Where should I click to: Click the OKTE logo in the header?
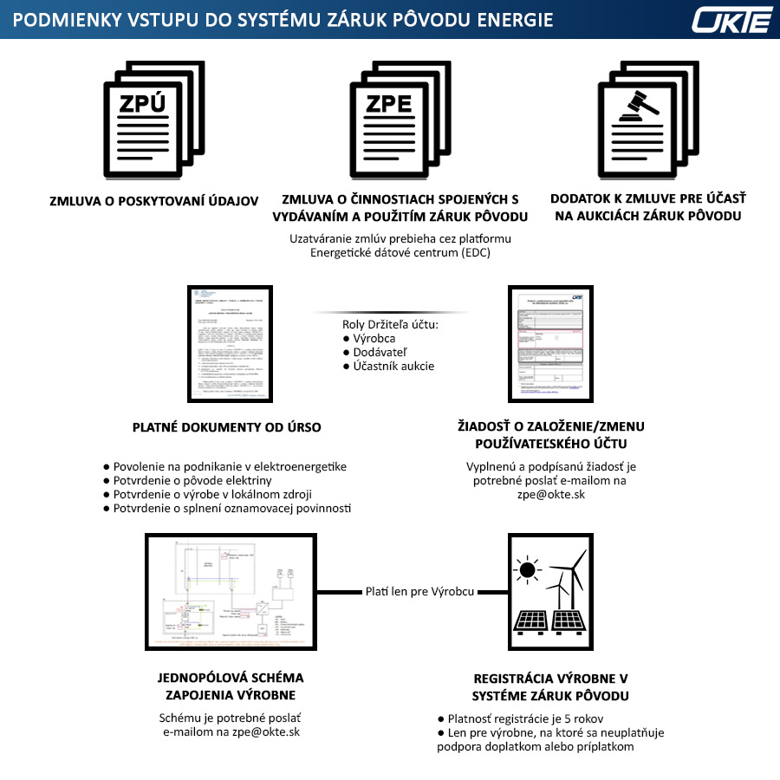click(x=731, y=19)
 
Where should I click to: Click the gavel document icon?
click(x=647, y=119)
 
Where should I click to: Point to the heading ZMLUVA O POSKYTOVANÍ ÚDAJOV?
click(x=154, y=201)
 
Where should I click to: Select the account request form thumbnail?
click(x=550, y=343)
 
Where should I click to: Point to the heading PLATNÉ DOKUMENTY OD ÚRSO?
click(x=227, y=427)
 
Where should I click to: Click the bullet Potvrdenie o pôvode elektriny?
click(x=192, y=480)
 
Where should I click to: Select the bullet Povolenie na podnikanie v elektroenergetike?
click(x=230, y=466)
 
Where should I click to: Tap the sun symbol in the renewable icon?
click(x=525, y=569)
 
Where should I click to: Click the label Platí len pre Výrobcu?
click(x=419, y=592)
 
